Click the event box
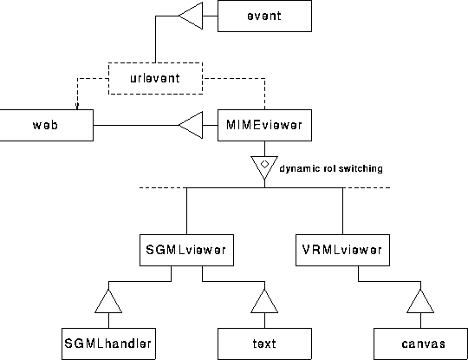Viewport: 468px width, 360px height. (x=264, y=16)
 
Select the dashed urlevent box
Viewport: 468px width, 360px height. (x=155, y=78)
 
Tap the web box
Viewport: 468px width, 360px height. (x=46, y=125)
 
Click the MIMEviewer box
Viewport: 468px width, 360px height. (x=264, y=125)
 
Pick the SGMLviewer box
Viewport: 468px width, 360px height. (x=186, y=250)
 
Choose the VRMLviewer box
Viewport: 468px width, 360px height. (x=342, y=250)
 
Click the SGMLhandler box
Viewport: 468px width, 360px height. (x=108, y=344)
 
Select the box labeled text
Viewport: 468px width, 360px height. (x=264, y=344)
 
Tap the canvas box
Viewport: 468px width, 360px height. (x=421, y=344)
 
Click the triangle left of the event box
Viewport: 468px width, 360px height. (x=191, y=16)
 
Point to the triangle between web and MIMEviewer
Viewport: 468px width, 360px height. (x=191, y=125)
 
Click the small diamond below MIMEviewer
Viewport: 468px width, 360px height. (x=264, y=164)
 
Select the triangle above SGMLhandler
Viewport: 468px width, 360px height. (x=108, y=301)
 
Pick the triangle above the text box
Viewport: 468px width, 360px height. (x=264, y=301)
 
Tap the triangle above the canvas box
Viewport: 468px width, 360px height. (x=420, y=301)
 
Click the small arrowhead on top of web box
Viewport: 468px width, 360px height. (x=77, y=106)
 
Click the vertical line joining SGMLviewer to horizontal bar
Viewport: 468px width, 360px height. (x=187, y=211)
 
